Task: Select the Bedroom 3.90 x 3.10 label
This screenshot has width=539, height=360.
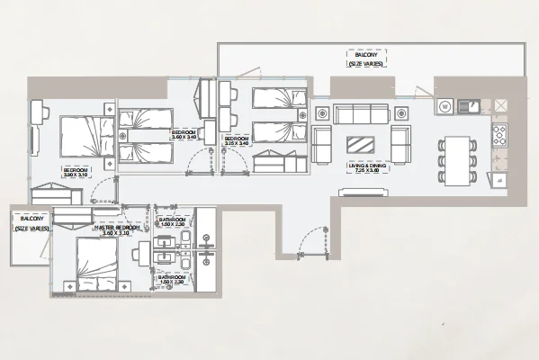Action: point(76,172)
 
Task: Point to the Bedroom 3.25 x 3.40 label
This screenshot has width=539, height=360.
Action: point(237,139)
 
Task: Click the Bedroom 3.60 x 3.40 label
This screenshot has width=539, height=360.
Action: point(186,136)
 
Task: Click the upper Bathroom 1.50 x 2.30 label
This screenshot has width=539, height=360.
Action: point(171,222)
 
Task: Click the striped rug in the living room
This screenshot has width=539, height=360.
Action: point(362,145)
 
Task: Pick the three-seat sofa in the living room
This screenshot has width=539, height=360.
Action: point(361,113)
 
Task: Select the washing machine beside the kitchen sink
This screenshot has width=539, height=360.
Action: point(445,106)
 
